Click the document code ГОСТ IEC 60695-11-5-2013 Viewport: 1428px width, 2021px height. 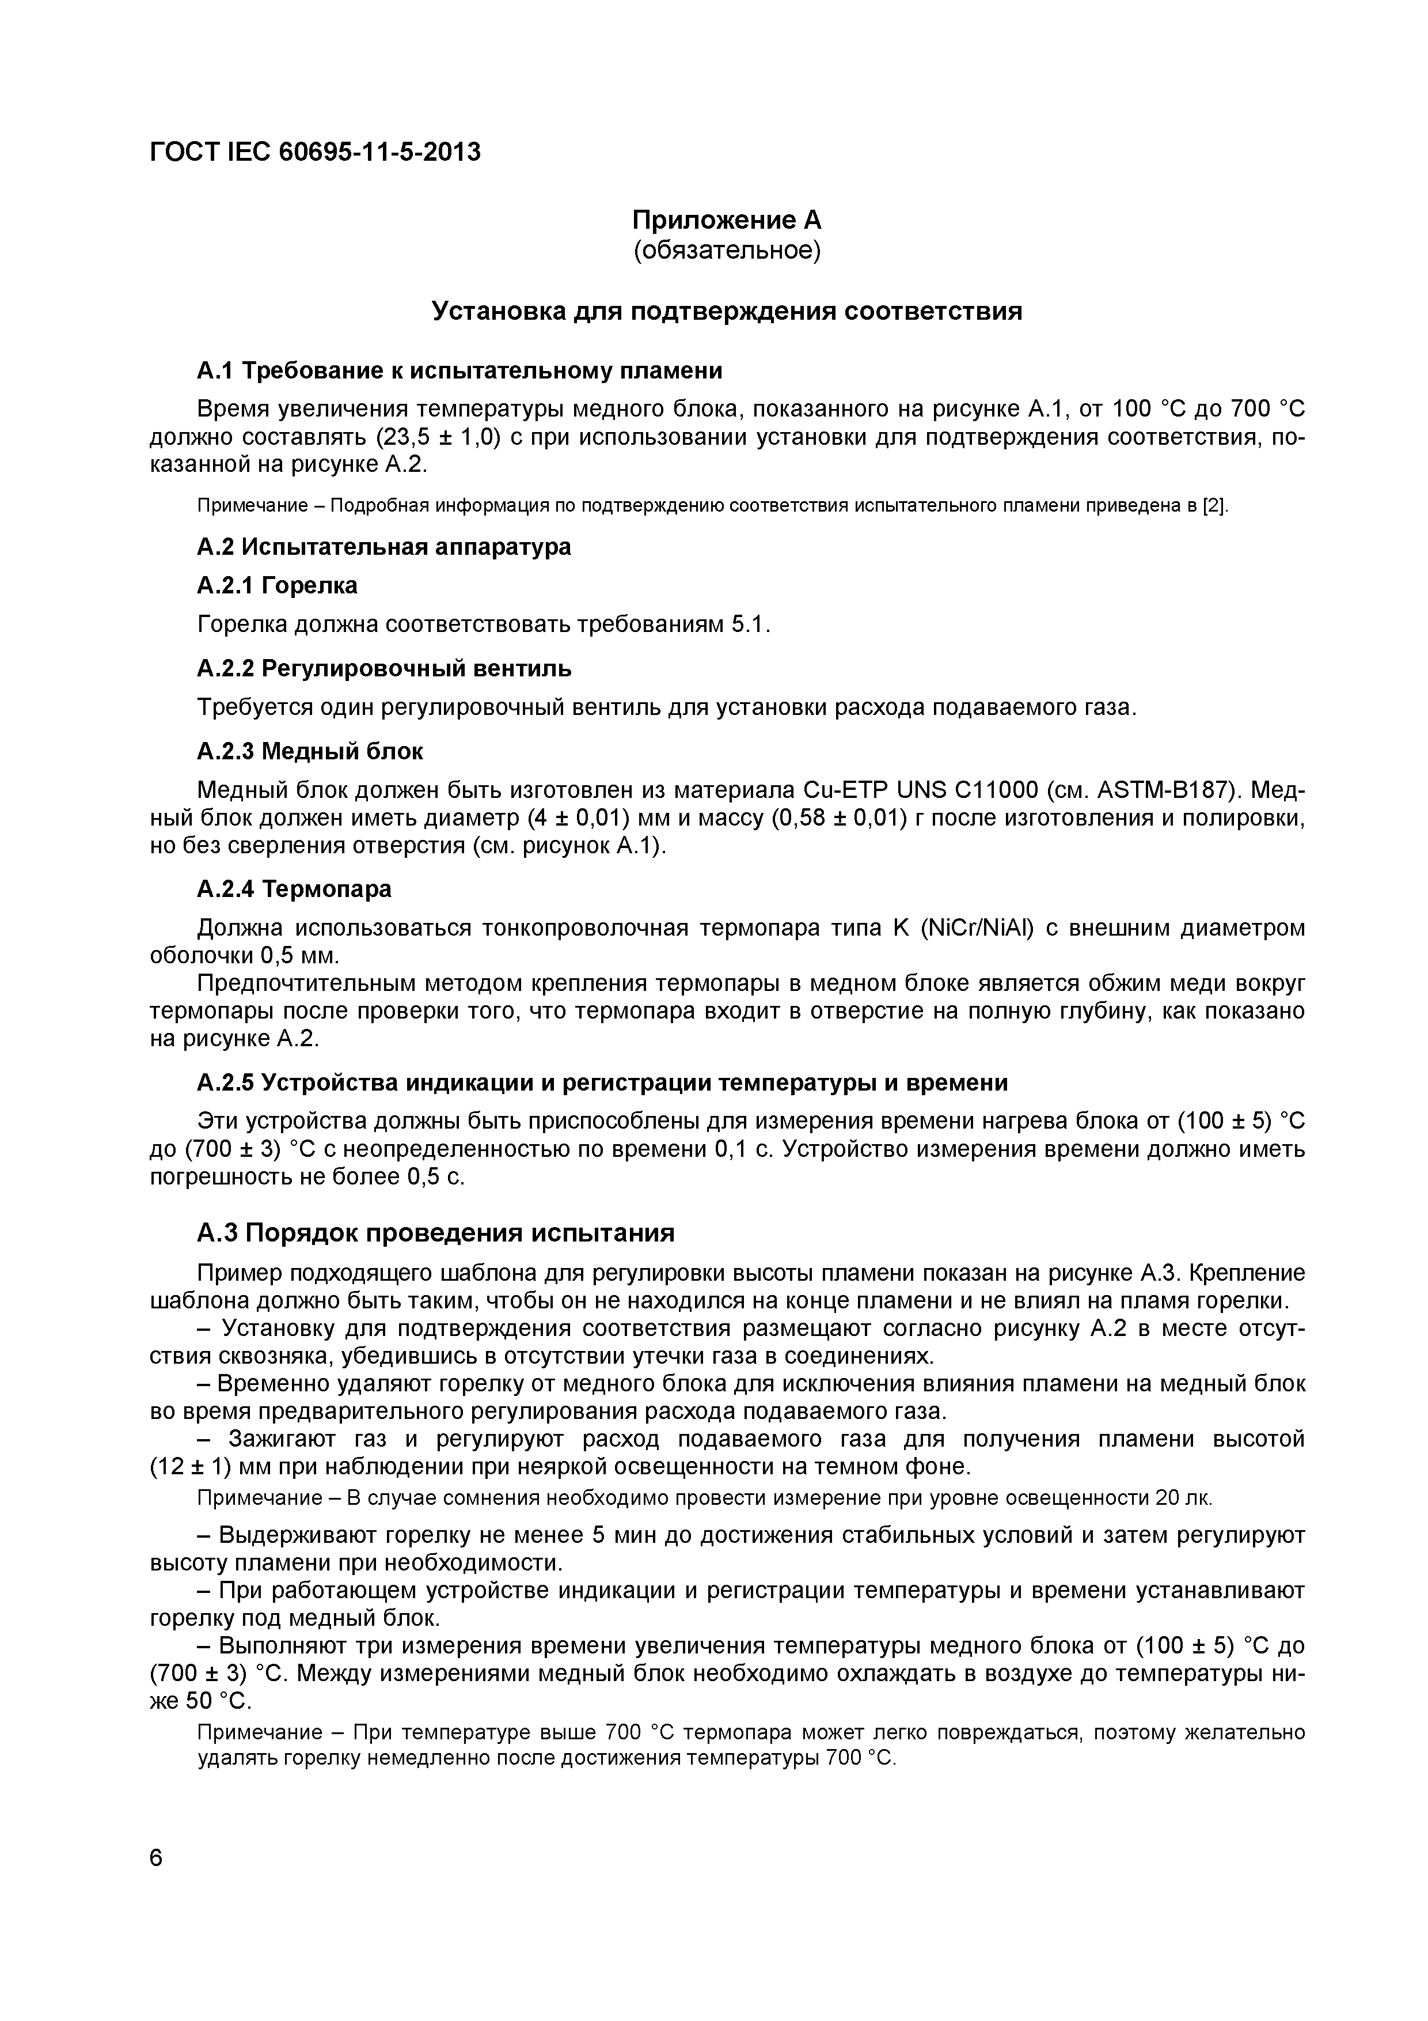tap(315, 152)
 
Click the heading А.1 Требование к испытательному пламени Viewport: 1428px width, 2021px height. tap(459, 370)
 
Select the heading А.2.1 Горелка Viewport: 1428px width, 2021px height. tap(277, 585)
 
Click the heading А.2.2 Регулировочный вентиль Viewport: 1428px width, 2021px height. tap(383, 669)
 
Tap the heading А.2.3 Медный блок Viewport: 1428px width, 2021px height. tap(310, 752)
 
